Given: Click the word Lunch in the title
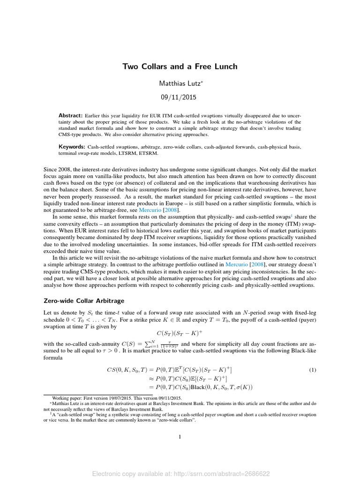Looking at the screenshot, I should click(x=225, y=67).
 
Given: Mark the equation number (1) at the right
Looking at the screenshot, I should click(x=313, y=357).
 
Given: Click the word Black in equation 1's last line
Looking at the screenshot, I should click(x=197, y=374).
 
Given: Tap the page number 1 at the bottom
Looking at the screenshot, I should click(x=180, y=437).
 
